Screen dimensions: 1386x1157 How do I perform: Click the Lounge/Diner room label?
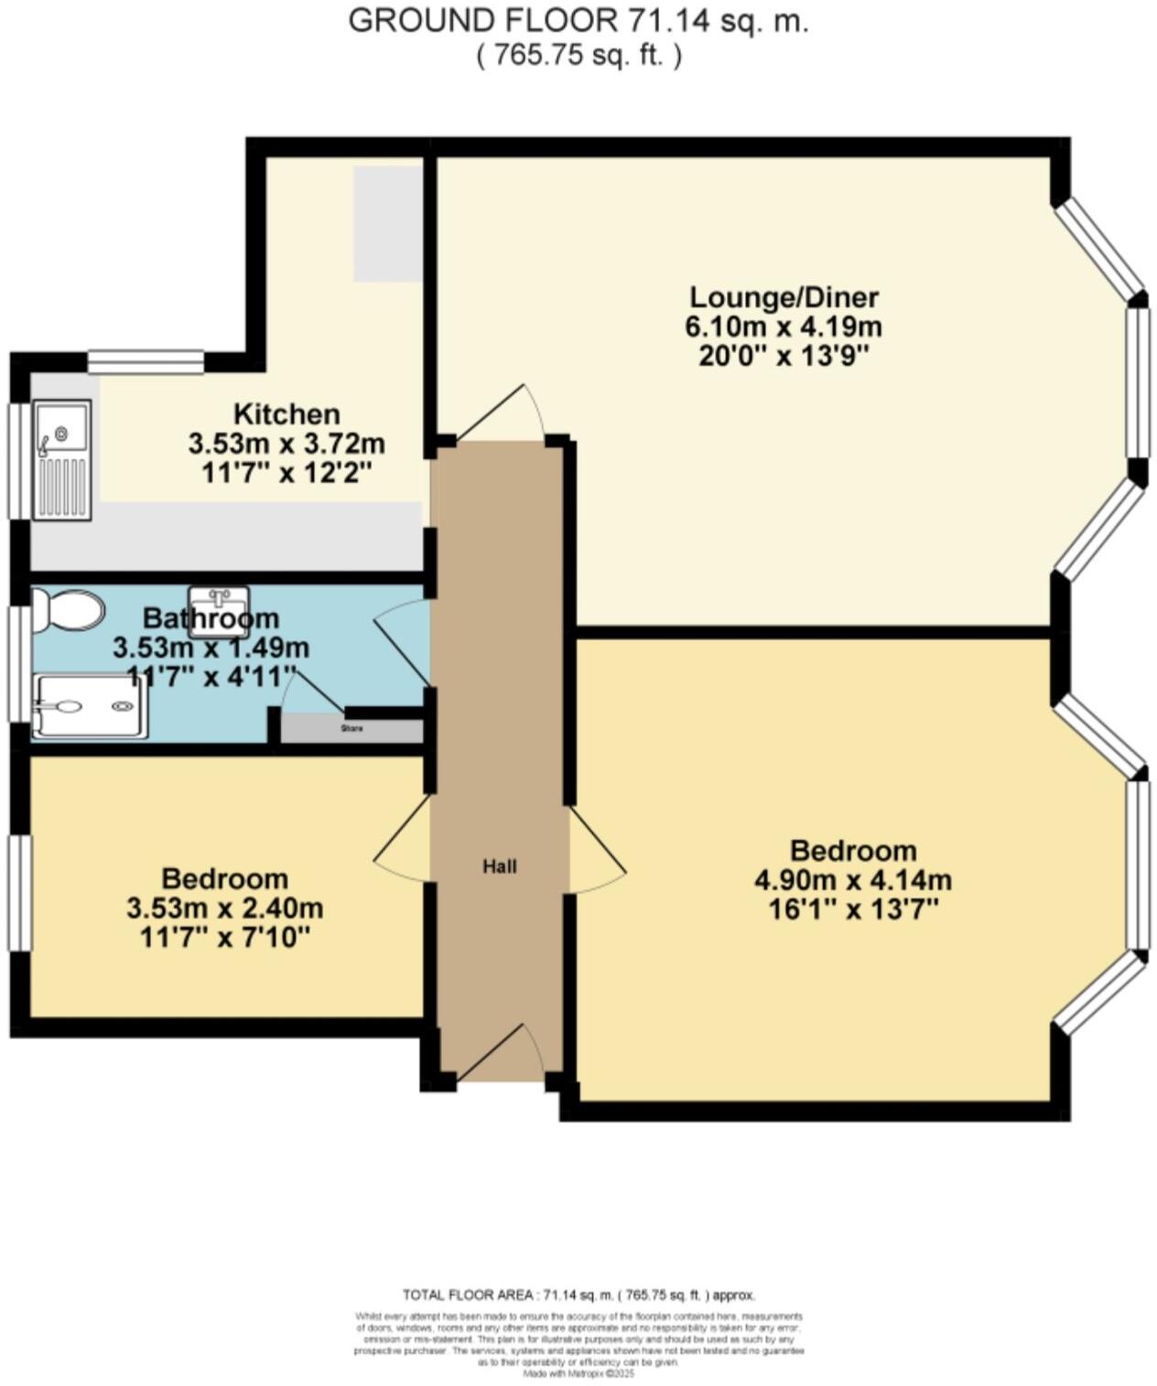(784, 297)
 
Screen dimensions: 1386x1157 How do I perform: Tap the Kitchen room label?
(287, 414)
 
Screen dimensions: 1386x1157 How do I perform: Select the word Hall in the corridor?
(500, 866)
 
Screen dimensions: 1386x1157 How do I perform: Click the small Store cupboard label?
(351, 729)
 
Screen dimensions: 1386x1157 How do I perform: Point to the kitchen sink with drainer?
(62, 459)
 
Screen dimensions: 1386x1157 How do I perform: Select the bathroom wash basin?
(219, 610)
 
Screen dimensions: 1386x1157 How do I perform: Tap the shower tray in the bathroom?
(89, 706)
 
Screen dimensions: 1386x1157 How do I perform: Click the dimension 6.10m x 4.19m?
(784, 327)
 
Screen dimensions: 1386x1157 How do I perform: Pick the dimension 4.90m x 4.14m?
(853, 881)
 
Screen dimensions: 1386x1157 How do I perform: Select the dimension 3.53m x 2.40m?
(224, 908)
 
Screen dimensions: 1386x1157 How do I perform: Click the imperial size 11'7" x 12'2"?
(287, 473)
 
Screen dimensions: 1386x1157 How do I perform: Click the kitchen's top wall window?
(146, 362)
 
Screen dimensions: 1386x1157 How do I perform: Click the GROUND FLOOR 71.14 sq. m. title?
(578, 20)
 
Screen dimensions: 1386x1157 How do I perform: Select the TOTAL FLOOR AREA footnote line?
(578, 1295)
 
